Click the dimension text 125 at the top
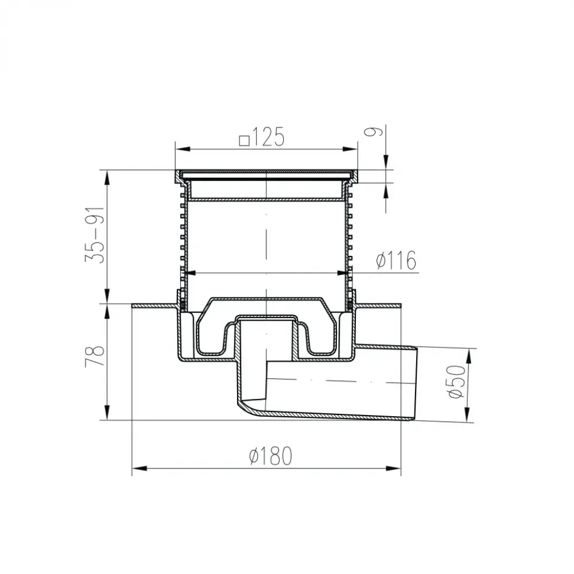pos(267,138)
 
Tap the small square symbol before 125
pos(244,141)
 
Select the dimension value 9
pos(374,132)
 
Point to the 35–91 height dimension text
pos(95,235)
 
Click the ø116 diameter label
pos(397,260)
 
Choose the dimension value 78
pos(95,356)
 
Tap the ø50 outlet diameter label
pos(457,382)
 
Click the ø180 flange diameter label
pos(270,456)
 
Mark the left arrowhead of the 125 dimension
pos(183,149)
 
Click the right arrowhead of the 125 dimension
pos(350,149)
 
